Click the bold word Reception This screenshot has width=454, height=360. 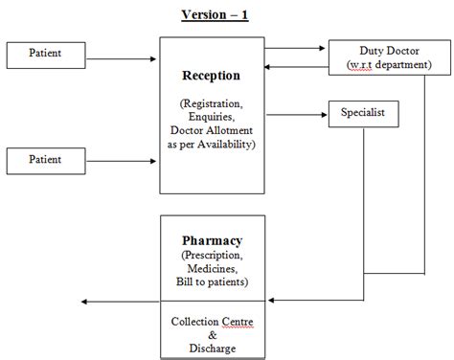click(210, 76)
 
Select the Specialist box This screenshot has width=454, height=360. click(362, 112)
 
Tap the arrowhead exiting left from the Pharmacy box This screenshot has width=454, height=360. click(86, 302)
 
